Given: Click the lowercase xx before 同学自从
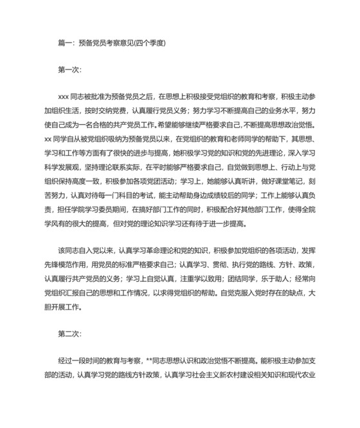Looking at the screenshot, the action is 47,139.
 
